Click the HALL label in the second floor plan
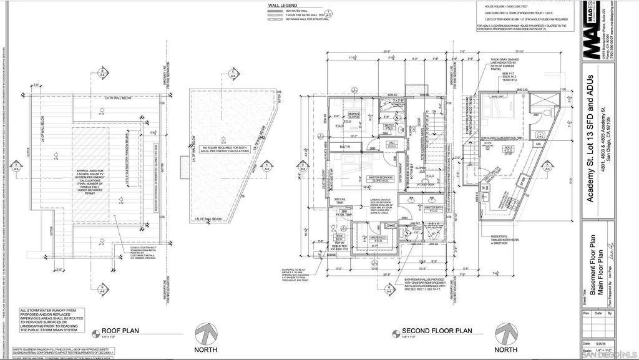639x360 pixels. pos(392,145)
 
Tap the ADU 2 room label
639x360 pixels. pos(509,148)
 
